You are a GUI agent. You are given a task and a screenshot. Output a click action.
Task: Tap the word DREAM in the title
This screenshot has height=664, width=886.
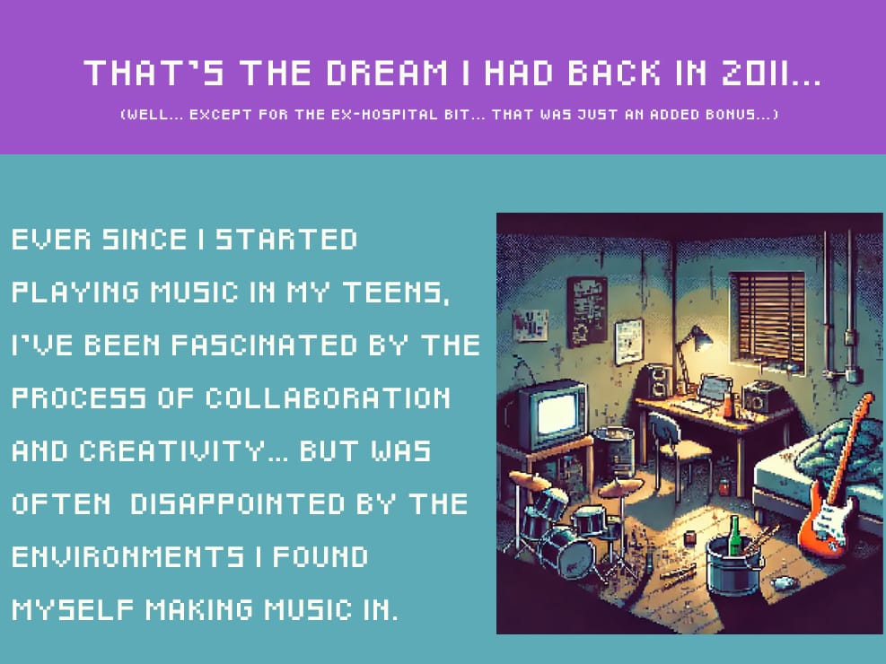point(387,73)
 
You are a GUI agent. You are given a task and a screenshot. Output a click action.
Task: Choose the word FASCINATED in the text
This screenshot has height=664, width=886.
point(264,345)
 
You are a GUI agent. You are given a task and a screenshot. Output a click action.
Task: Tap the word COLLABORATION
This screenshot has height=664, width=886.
point(328,398)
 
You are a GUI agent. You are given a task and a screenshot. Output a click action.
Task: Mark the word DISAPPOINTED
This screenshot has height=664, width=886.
point(237,504)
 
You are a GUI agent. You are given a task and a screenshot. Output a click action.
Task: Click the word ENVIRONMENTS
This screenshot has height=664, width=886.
point(127,556)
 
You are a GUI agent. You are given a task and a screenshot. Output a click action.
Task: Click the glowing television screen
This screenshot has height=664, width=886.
point(559,415)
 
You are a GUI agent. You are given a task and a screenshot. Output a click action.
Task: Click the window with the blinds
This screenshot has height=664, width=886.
point(768,319)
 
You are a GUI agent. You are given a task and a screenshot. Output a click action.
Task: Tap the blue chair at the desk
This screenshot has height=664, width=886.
point(677,449)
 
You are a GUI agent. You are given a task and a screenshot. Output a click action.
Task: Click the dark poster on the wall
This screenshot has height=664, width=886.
point(587,311)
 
